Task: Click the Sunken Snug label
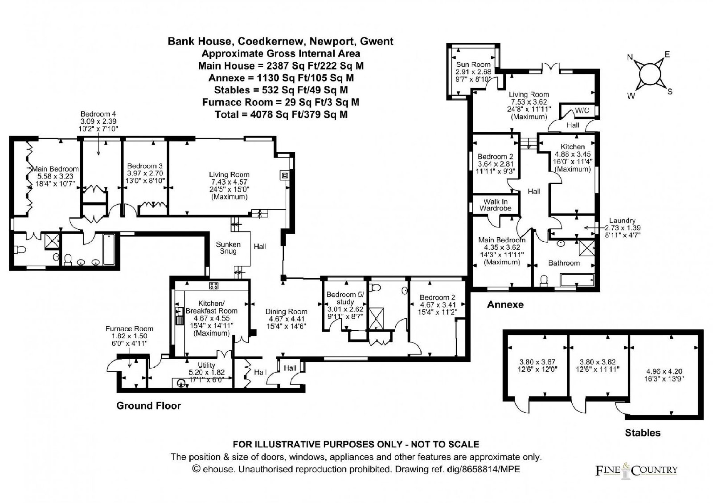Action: [228, 248]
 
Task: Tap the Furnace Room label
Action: [130, 329]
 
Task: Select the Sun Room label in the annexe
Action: [473, 65]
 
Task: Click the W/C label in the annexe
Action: [582, 111]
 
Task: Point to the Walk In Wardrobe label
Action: [496, 205]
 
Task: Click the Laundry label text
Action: [622, 221]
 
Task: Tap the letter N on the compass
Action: [630, 57]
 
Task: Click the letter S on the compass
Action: [670, 92]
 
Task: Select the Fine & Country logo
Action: [636, 470]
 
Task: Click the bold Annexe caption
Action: [505, 304]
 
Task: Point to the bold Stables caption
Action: [643, 433]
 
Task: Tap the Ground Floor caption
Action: [149, 406]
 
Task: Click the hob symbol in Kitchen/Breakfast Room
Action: [213, 285]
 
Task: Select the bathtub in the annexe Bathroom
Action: [577, 280]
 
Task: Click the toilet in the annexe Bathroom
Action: [544, 280]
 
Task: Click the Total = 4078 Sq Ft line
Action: [281, 114]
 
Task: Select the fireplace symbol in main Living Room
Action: [285, 175]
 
